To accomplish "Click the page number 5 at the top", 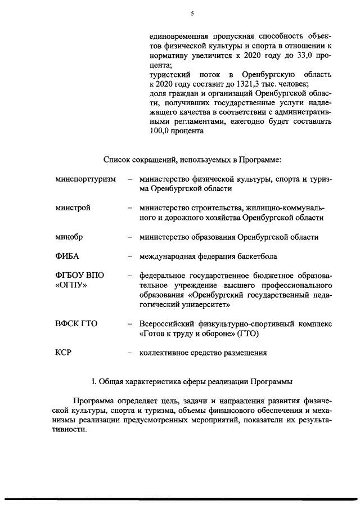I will click(x=192, y=13).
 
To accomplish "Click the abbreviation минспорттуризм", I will click(x=85, y=179).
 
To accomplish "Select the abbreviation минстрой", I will click(x=73, y=208).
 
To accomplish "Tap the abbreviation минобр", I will click(x=69, y=237).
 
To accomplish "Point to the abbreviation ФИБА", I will click(x=67, y=256).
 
